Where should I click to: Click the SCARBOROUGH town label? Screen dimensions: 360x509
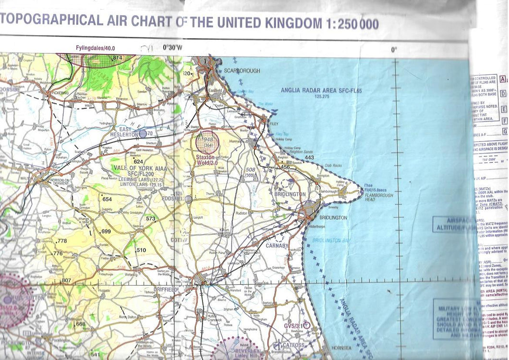tap(242, 71)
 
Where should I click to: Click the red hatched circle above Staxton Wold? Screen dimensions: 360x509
tap(207, 142)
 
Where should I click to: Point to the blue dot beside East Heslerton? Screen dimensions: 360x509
tap(142, 133)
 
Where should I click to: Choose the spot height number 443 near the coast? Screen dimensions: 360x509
tap(309, 158)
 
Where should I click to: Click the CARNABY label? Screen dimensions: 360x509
tap(278, 245)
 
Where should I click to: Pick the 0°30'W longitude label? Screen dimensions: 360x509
tap(172, 48)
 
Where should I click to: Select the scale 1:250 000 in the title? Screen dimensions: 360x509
tap(351, 23)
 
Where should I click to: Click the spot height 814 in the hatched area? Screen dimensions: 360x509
tap(117, 58)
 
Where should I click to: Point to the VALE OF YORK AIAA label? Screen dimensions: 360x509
tap(135, 168)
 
